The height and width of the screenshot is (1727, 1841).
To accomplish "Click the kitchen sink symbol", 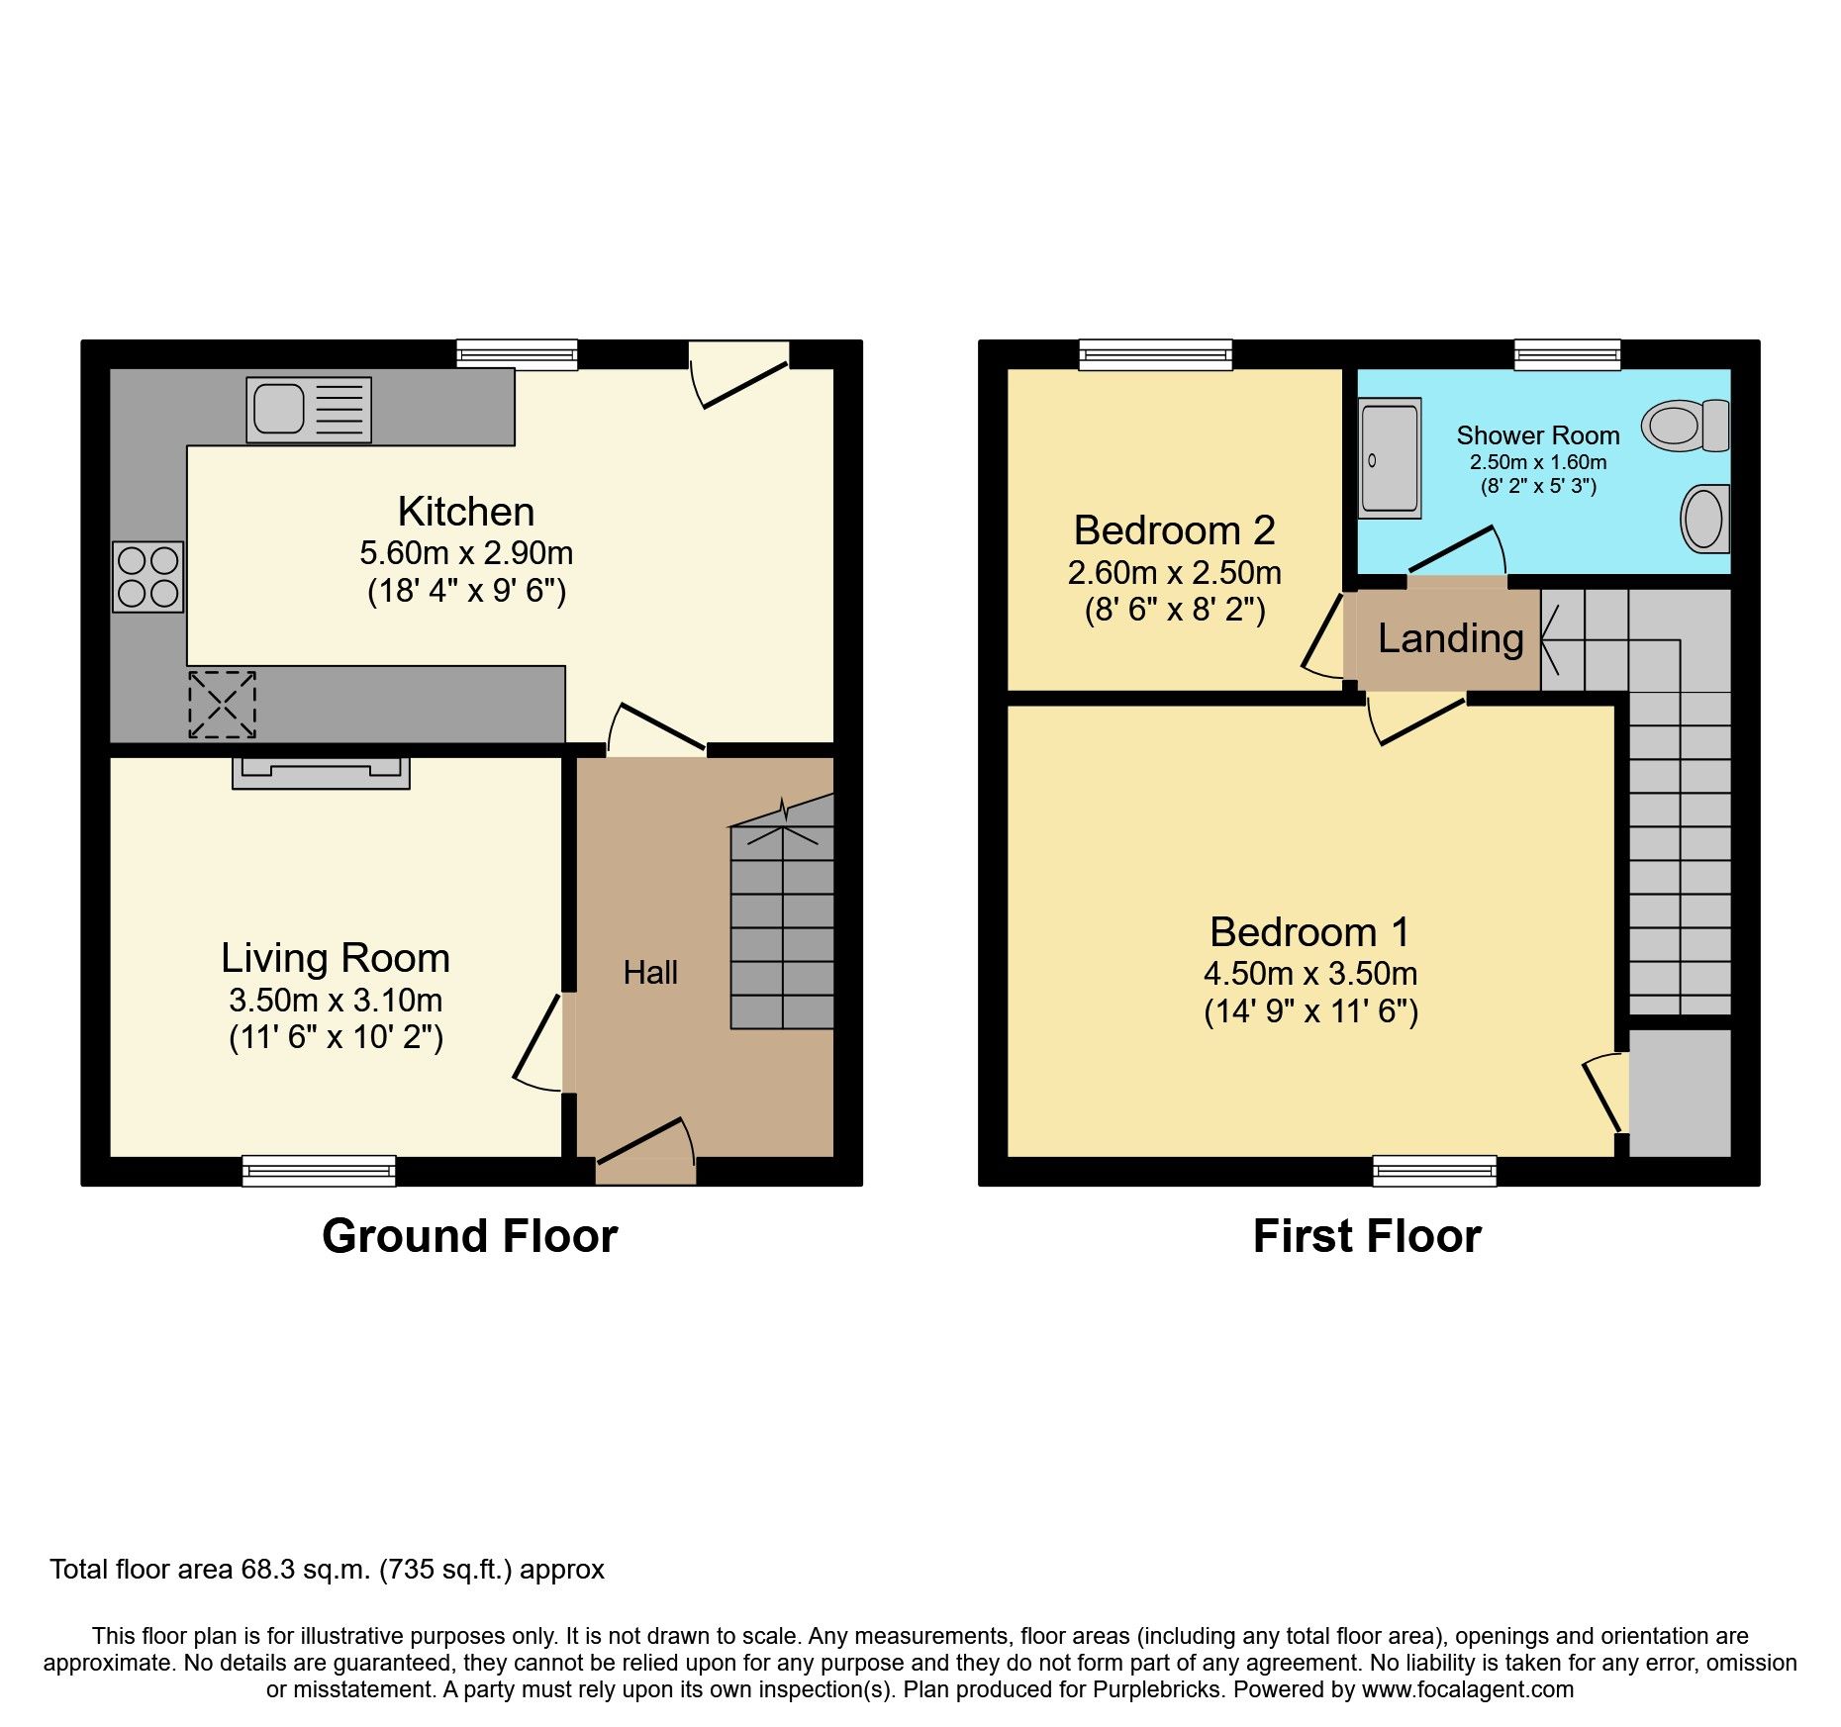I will tap(308, 409).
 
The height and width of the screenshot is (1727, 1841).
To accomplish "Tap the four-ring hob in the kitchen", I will tap(147, 577).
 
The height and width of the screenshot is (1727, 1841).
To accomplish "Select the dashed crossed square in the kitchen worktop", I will tap(222, 705).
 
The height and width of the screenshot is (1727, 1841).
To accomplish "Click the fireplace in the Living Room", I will tap(321, 772).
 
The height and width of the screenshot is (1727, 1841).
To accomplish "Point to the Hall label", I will tap(650, 973).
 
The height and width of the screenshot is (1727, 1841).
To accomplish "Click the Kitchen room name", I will tap(466, 512).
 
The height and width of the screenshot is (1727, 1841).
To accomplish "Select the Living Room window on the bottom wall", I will tap(319, 1171).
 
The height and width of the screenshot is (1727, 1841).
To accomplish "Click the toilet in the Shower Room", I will tap(1686, 426).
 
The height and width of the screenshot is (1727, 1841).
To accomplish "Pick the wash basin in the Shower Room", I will tap(1704, 519).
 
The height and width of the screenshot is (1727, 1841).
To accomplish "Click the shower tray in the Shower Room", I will tap(1390, 458).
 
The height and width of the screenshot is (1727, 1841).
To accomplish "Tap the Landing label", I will tap(1450, 638).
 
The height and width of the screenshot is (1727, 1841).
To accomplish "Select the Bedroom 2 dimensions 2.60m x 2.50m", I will tap(1174, 573).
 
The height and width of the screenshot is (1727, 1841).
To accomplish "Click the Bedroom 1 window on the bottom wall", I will tap(1434, 1171).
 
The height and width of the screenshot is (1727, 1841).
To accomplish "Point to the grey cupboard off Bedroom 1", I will tap(1679, 1093).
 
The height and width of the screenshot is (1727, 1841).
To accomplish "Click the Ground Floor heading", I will tap(469, 1236).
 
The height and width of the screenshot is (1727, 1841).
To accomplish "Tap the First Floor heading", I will tap(1366, 1236).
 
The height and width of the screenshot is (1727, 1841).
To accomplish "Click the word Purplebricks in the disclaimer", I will tap(1157, 1689).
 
